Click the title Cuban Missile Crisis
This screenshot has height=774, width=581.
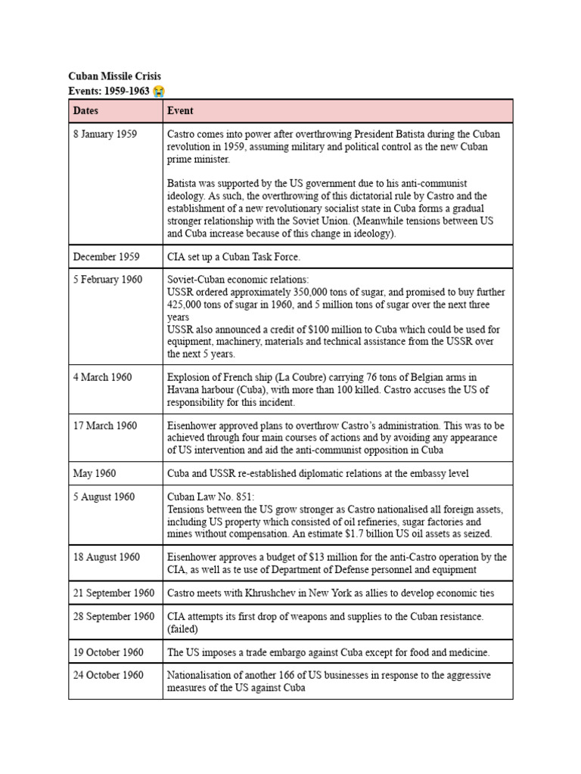pos(114,76)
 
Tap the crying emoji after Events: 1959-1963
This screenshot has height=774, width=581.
pos(158,91)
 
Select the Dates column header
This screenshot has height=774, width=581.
pos(85,110)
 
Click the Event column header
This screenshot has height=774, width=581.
pos(180,110)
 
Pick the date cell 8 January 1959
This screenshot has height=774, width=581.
pos(104,135)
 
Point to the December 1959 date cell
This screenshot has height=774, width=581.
pos(106,257)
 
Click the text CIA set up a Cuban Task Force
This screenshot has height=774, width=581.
pos(234,257)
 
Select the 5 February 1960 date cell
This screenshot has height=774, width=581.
pos(107,280)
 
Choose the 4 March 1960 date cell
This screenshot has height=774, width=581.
pos(102,377)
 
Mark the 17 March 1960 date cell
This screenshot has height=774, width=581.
pos(105,426)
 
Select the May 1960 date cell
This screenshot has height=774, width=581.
pos(95,474)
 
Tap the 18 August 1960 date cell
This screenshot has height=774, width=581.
pos(107,557)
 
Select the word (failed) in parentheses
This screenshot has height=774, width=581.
pos(183,629)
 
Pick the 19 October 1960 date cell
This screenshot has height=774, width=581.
pos(108,652)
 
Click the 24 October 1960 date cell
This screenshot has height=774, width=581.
pos(108,675)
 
